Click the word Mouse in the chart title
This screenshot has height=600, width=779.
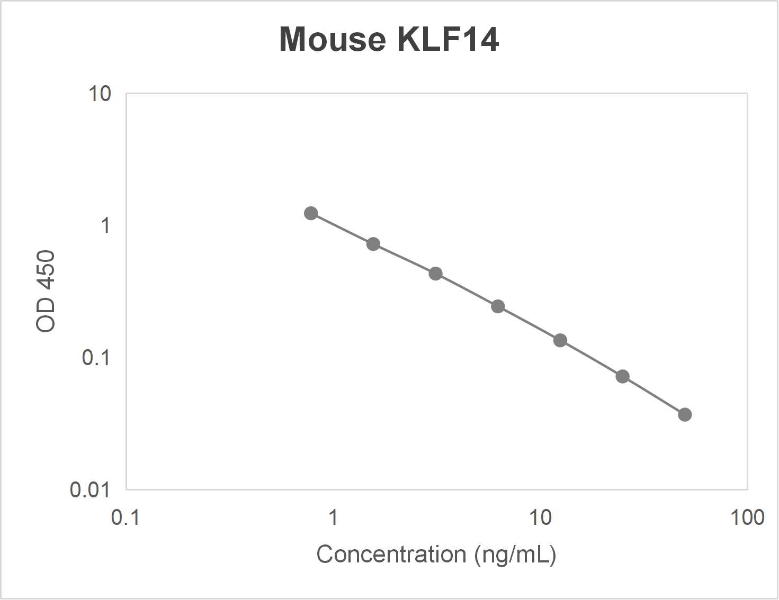pos(333,39)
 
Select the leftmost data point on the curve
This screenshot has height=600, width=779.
pos(311,213)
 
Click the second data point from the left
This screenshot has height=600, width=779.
pos(373,244)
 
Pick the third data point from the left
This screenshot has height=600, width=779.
pos(435,274)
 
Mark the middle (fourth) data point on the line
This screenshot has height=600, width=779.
pos(498,306)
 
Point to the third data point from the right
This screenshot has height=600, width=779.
pos(560,340)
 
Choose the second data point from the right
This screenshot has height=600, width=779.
pos(623,376)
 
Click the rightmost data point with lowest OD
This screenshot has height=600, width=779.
pos(685,414)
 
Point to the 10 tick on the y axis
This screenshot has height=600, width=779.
pos(100,94)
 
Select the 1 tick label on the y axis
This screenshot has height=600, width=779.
pos(106,226)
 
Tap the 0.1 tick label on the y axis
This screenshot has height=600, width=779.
pos(96,358)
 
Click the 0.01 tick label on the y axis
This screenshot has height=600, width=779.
pos(90,490)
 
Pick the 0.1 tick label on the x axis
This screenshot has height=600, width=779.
pos(126,517)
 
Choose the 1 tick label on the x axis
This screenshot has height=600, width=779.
pos(333,517)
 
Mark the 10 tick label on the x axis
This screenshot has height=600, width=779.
pos(540,517)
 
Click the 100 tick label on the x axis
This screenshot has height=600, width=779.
pos(747,517)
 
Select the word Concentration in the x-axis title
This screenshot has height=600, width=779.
pos(391,554)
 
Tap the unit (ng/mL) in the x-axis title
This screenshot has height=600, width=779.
pos(515,554)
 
